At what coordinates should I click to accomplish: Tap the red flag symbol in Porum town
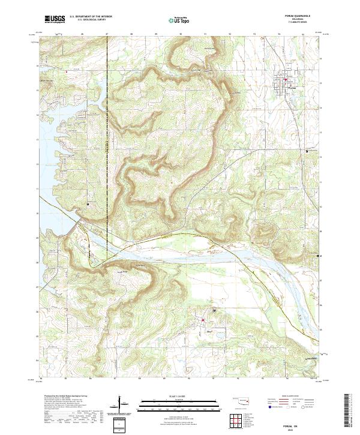[x=286, y=80]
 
